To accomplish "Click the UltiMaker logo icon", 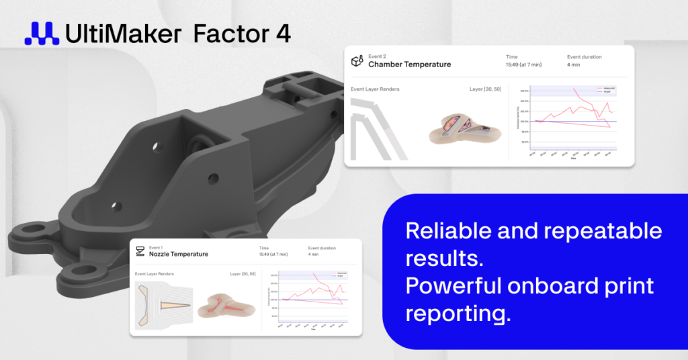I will (41, 34).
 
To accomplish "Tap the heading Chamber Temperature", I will (410, 64).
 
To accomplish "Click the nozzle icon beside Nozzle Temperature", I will (140, 252).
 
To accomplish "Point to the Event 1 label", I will (156, 248).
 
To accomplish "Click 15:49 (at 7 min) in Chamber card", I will (528, 65).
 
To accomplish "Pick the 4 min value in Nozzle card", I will (314, 255).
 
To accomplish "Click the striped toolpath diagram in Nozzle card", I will (164, 306).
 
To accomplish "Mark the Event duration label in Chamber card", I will (584, 57).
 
